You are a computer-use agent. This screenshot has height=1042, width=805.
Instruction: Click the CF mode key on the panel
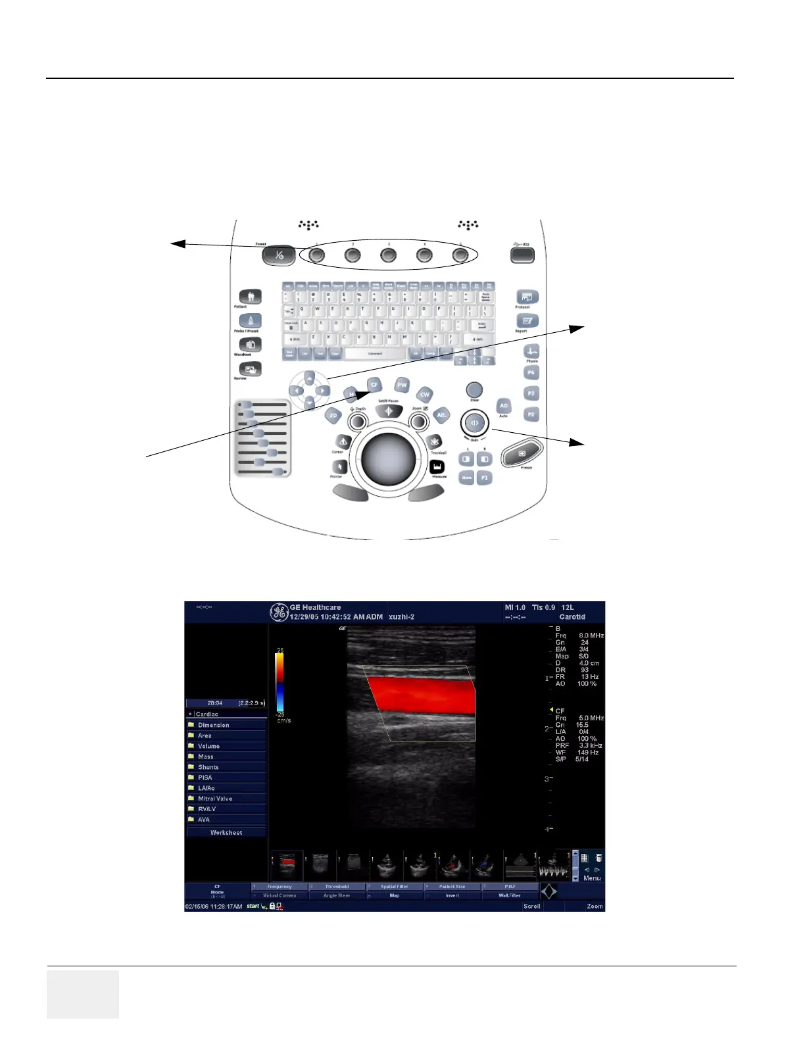[x=374, y=385]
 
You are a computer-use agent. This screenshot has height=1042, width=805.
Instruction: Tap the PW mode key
[x=402, y=385]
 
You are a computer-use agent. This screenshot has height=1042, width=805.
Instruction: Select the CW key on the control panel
[x=425, y=395]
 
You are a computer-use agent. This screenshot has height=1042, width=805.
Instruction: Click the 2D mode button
[x=333, y=416]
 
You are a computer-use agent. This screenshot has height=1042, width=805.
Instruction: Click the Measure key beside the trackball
[x=437, y=467]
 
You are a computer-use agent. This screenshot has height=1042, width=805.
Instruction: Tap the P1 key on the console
[x=484, y=478]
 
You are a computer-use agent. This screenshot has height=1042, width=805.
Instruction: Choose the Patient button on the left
[x=250, y=297]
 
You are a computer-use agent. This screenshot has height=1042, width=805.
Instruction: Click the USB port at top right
[x=522, y=254]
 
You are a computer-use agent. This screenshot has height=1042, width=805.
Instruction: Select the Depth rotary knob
[x=358, y=421]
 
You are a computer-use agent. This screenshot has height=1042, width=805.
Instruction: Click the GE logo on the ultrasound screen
[x=279, y=612]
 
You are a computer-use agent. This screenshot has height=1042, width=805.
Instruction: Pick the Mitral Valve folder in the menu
[x=215, y=799]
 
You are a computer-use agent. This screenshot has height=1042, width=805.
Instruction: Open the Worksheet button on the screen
[x=226, y=833]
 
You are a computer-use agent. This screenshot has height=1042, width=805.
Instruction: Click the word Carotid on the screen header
[x=572, y=617]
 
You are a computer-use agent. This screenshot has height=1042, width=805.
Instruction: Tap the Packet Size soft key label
[x=452, y=887]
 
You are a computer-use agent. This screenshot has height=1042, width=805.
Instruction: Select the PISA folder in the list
[x=205, y=778]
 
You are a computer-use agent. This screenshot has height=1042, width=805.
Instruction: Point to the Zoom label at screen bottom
[x=595, y=906]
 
